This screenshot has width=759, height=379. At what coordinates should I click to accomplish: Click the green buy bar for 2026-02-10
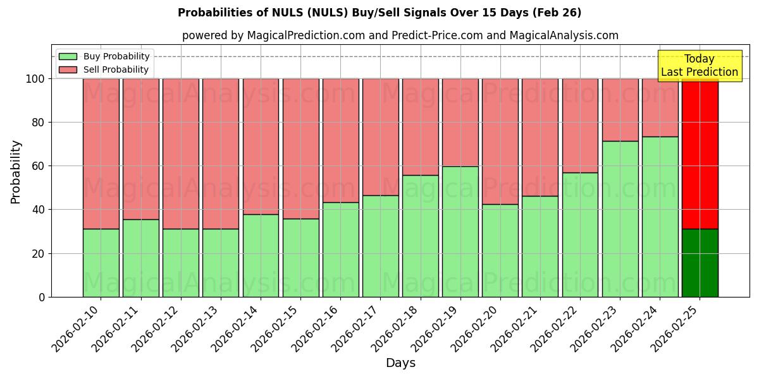[x=101, y=263]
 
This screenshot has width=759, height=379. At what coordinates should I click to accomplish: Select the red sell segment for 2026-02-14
[x=261, y=146]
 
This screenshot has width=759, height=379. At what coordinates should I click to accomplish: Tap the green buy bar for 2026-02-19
[x=460, y=231]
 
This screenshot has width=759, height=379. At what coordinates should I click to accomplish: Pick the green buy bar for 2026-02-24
[x=660, y=217]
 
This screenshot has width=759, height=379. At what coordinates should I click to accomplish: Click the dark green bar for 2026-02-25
[x=700, y=263]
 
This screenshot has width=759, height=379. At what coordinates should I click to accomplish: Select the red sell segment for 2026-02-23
[x=620, y=110]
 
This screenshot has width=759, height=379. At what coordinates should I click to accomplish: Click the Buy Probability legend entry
[x=104, y=56]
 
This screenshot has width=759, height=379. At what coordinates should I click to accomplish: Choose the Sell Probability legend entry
[x=104, y=69]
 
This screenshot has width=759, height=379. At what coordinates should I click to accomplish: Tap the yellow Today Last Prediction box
[x=699, y=66]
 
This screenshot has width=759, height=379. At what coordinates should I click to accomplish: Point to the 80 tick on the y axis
[x=39, y=123]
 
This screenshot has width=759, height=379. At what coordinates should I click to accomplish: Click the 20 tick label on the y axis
[x=39, y=253]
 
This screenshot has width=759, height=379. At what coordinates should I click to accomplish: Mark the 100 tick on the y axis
[x=35, y=79]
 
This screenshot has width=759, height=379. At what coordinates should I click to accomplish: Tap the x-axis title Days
[x=400, y=363]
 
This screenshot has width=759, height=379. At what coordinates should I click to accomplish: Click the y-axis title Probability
[x=16, y=172]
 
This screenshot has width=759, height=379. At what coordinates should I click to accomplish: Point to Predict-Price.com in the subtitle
[x=438, y=35]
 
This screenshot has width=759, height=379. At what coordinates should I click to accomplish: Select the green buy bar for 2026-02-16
[x=340, y=250]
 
